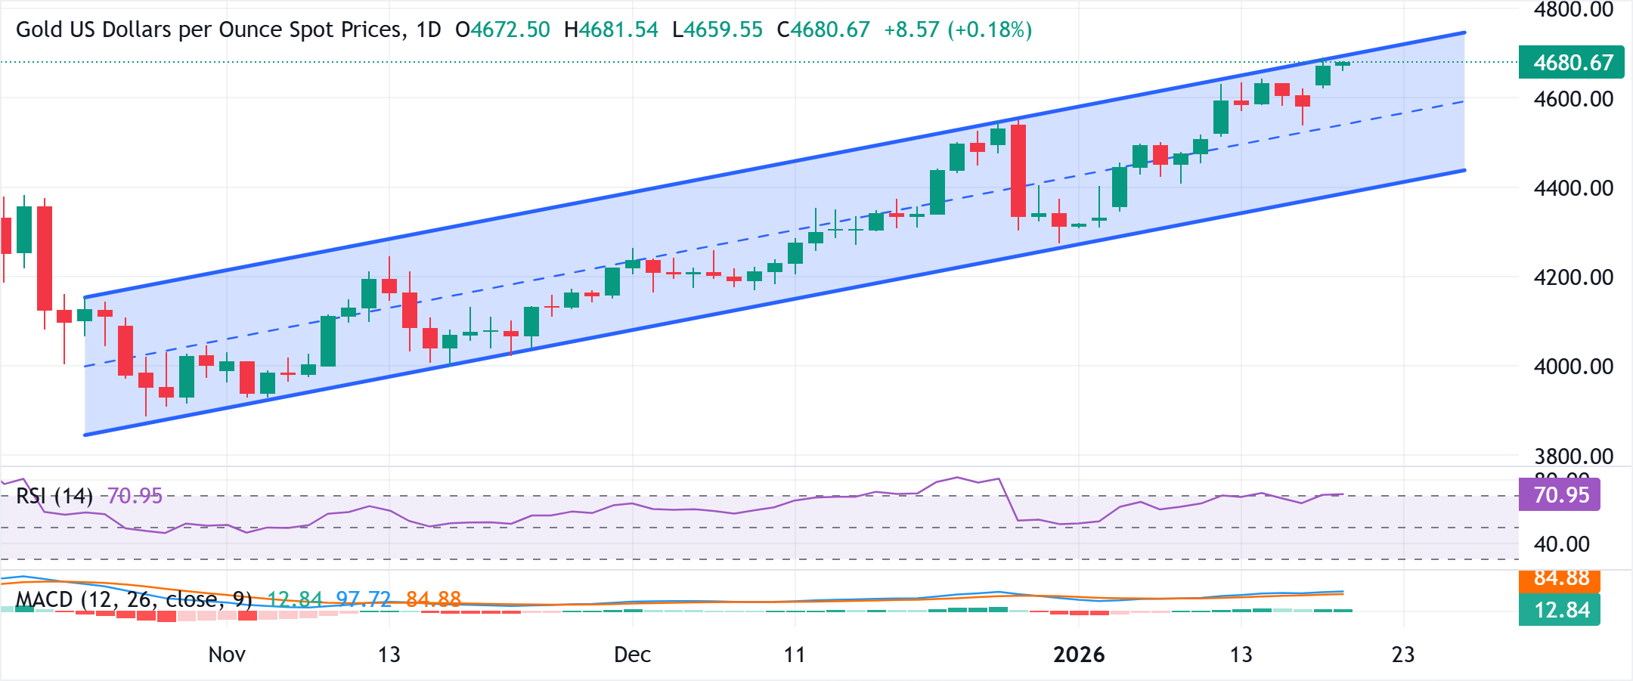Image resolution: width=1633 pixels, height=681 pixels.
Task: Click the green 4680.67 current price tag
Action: tap(1571, 62)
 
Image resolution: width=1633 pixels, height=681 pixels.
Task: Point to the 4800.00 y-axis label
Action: tap(1573, 10)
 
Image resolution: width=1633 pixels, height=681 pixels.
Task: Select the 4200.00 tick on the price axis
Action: tap(1573, 277)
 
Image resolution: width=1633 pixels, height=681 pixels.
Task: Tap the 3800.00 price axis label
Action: tap(1573, 456)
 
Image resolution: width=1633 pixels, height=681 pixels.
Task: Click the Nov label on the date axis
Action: tap(226, 654)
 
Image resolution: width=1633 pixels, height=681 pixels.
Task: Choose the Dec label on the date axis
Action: tap(632, 654)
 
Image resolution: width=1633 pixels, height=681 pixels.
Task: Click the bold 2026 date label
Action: tap(1079, 654)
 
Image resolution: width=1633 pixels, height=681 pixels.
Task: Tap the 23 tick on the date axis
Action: tap(1402, 654)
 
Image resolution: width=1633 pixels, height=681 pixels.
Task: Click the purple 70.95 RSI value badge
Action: tap(1560, 495)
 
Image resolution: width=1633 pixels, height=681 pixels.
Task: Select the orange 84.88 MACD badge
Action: tap(1560, 579)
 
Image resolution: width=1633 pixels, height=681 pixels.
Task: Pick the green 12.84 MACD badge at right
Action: tap(1560, 610)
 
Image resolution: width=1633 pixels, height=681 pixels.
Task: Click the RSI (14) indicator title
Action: tap(54, 496)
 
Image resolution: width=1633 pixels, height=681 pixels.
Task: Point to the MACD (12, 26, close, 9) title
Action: tap(134, 599)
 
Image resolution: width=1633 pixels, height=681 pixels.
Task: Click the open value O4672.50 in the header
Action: tap(502, 29)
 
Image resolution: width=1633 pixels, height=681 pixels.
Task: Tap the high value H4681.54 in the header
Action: tap(611, 29)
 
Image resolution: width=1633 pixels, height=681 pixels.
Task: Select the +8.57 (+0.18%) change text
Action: tap(957, 29)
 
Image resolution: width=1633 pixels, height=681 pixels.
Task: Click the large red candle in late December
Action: tap(1018, 171)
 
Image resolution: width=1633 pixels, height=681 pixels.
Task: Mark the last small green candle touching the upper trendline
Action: tap(1343, 64)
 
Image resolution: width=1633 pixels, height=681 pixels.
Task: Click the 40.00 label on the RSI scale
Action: tap(1562, 544)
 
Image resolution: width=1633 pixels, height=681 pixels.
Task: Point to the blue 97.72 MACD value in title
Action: tap(363, 599)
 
